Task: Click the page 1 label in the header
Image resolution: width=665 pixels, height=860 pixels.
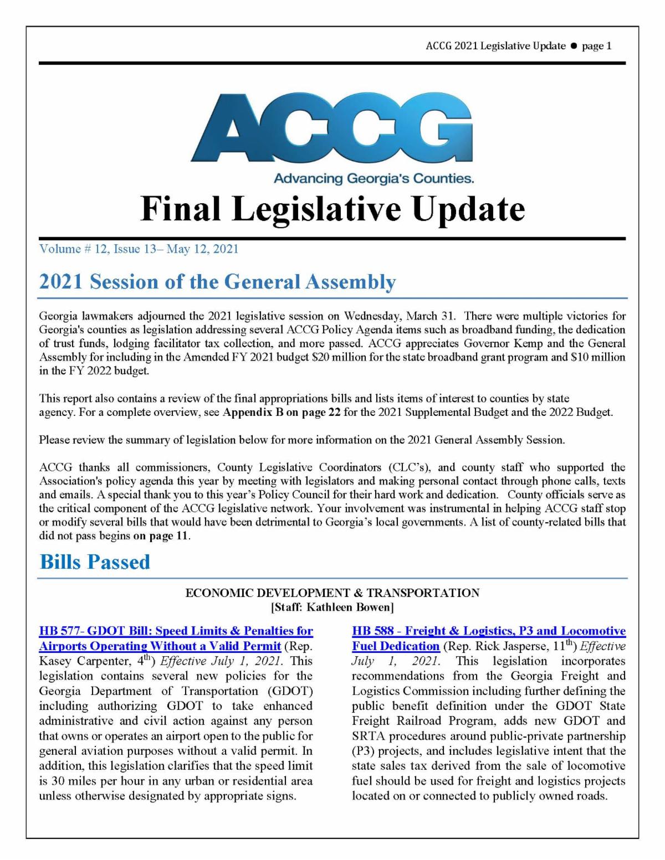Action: [596, 46]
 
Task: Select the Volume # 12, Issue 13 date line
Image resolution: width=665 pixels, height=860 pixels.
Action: [139, 249]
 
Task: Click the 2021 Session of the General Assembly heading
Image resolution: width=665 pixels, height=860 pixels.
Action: [217, 282]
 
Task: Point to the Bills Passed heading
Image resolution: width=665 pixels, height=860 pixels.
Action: [95, 562]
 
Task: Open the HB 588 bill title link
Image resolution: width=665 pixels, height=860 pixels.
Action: [489, 631]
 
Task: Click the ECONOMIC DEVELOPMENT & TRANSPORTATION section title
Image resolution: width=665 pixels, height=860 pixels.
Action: [332, 593]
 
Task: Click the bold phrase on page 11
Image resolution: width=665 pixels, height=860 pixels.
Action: [161, 536]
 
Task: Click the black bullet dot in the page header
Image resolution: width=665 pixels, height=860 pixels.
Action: [574, 46]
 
